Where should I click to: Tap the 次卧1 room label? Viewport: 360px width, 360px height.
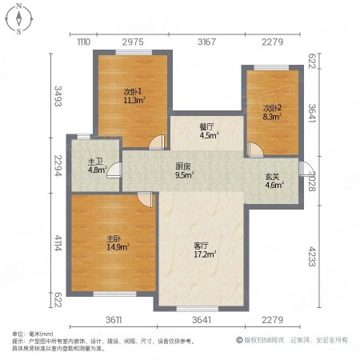133,91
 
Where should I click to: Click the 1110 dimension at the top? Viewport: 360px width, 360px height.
83,42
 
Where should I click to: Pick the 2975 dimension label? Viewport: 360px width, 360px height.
133,42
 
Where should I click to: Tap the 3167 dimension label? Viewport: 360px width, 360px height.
206,42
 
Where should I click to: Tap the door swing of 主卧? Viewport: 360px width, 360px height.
142,200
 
